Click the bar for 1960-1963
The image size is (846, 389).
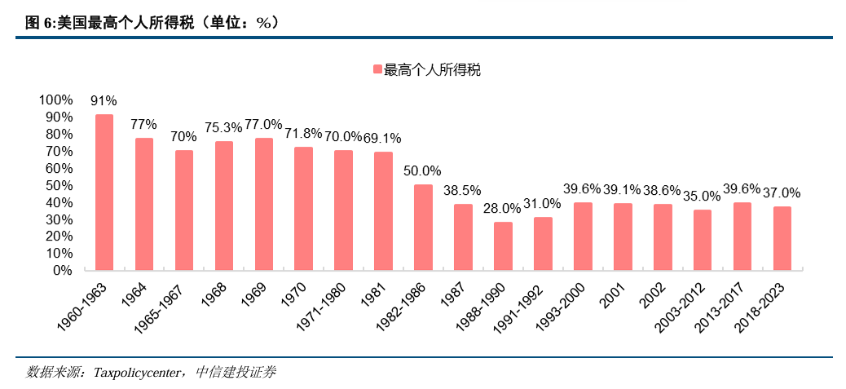tap(104, 192)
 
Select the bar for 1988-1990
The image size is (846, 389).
tap(504, 245)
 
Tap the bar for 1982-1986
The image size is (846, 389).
tap(423, 227)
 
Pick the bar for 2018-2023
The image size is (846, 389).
tap(782, 238)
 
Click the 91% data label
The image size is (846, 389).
tap(104, 101)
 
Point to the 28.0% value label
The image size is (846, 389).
tap(503, 209)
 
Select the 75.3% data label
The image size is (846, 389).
tap(223, 128)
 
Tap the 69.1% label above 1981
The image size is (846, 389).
tap(383, 139)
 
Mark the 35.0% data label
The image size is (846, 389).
tap(702, 197)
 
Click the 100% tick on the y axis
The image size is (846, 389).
tap(55, 99)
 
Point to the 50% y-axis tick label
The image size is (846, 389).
tap(59, 185)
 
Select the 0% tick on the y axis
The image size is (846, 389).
tap(62, 270)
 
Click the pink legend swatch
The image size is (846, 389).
tap(377, 70)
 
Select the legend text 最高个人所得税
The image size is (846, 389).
tap(433, 70)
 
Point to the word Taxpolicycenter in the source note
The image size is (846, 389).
tap(139, 373)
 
